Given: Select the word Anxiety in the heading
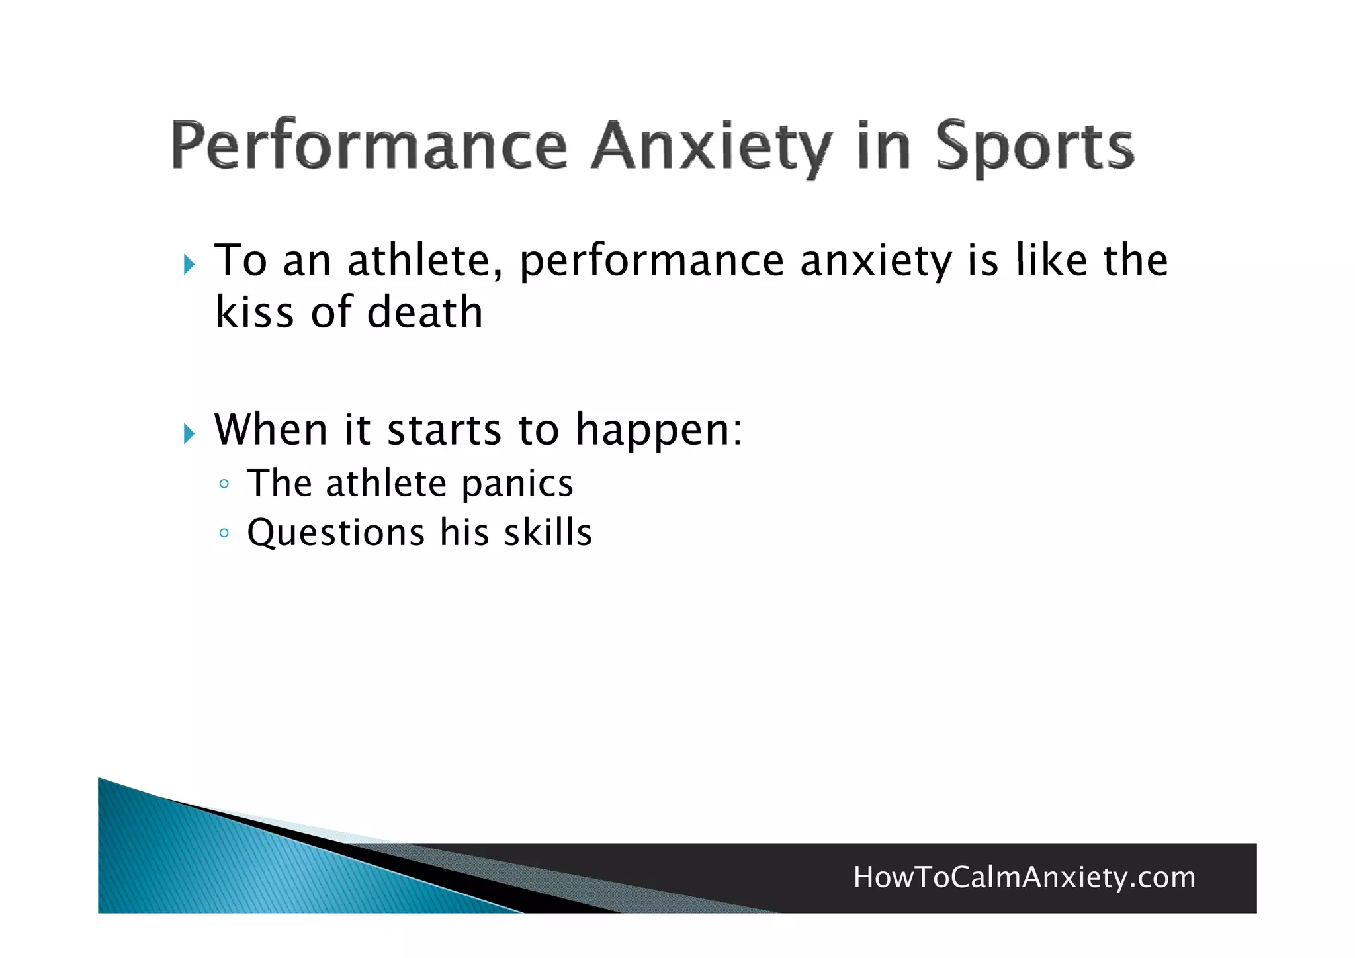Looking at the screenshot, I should point(711,147).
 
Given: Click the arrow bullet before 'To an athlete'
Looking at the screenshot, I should point(189,265).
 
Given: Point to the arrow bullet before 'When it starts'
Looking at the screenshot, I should point(189,434).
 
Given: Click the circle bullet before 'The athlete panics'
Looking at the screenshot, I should point(224,484).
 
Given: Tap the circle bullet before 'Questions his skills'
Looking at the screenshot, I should point(224,533).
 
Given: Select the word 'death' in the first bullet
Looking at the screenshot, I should point(425,312).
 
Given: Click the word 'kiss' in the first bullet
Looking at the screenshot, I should point(254,312).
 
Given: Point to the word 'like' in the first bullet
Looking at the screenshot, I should point(1052,260).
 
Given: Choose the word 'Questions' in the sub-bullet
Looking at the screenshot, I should point(335,533).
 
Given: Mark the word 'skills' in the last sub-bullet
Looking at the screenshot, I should point(548,533).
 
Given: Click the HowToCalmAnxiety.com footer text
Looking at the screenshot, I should point(1024,877).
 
